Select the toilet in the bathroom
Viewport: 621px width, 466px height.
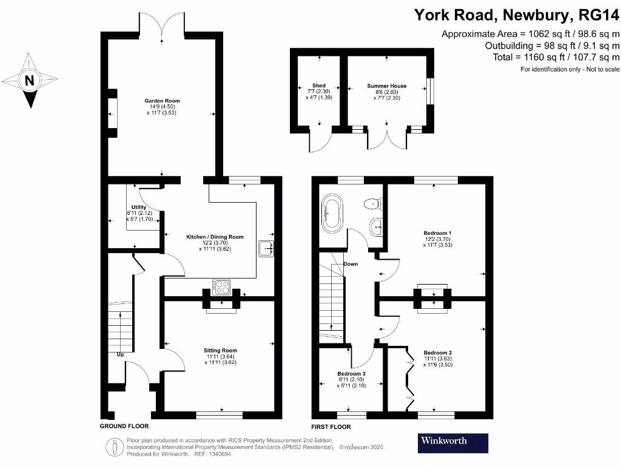371,203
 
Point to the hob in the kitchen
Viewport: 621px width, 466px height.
221,286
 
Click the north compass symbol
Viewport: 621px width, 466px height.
29,81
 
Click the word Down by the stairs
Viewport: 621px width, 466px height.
351,265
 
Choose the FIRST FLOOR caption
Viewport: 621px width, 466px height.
331,427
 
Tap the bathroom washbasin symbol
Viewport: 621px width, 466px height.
375,227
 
